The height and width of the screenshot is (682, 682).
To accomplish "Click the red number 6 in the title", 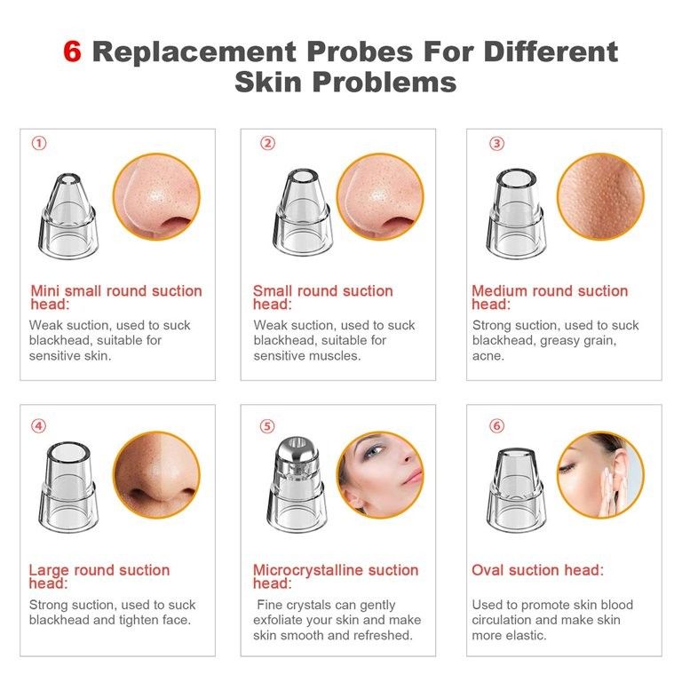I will point(73,52).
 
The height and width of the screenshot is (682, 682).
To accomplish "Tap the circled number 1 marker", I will point(38,143).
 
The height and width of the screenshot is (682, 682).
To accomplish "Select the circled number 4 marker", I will point(38,425).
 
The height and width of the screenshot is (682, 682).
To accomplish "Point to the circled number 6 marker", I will point(496,425).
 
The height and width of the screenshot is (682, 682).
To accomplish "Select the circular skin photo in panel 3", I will point(600,197).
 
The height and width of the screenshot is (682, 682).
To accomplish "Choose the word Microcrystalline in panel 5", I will point(308,569).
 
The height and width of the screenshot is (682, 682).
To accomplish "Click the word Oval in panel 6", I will point(490,569).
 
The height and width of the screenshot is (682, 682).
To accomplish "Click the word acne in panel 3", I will point(488,355).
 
